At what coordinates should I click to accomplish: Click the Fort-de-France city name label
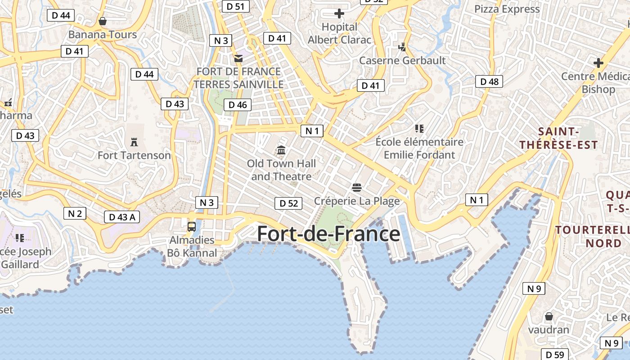coord(328,234)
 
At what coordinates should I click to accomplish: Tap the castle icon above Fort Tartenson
coord(134,142)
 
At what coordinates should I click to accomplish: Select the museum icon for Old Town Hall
coord(282,150)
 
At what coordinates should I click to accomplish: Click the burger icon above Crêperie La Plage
coord(357,187)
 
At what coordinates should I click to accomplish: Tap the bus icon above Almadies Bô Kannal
coord(192,226)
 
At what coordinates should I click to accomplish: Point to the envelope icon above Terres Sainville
coord(238,58)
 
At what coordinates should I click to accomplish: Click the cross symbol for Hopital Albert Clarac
coord(339,14)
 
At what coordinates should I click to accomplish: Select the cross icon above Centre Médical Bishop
coord(598,63)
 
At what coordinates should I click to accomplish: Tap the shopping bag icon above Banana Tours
coord(103,21)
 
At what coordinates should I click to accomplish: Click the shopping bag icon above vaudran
coord(549,316)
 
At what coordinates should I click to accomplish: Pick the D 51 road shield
coord(235,6)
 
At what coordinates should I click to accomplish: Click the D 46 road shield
coord(238,105)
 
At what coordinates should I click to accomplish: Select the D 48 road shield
coord(489,81)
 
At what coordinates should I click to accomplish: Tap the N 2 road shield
coord(75,213)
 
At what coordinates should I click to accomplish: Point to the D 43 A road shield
coord(122,217)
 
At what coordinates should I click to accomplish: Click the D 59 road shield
coord(555,355)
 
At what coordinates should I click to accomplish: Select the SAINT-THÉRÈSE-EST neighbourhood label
coord(558,138)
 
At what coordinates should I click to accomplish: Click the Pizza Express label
coord(507,9)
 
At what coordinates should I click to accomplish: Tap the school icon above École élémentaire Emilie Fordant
coord(419,129)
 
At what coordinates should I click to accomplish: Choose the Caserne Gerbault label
coord(402,60)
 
